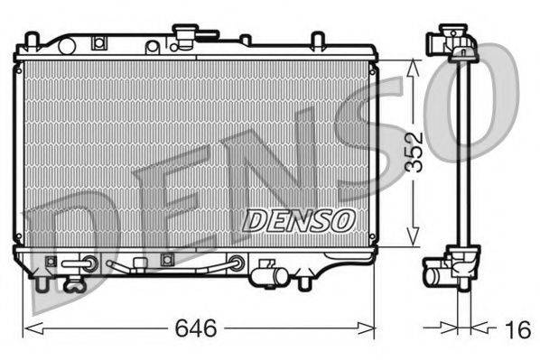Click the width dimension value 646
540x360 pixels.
[x=196, y=330]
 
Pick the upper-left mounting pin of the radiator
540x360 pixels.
[x=33, y=41]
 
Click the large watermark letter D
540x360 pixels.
[x=68, y=244]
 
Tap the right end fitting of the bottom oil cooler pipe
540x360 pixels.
[x=237, y=263]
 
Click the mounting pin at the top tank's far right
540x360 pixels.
[x=317, y=40]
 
